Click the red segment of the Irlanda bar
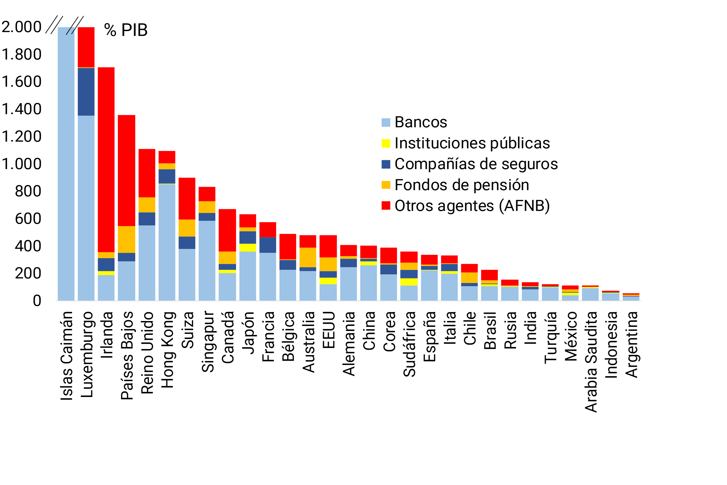(x=106, y=159)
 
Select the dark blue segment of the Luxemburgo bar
(x=86, y=92)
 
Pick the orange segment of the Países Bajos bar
(x=126, y=239)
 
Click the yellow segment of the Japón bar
(x=247, y=248)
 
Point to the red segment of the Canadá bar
(x=227, y=230)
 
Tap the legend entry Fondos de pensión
(x=462, y=185)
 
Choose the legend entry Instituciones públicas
(x=472, y=143)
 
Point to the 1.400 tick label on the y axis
(x=21, y=109)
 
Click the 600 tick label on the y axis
(x=28, y=219)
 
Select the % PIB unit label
(x=126, y=30)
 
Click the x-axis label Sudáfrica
(x=409, y=344)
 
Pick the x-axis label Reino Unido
(x=147, y=353)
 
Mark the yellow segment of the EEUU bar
(x=328, y=281)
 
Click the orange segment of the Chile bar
(x=469, y=277)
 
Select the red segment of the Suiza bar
(x=187, y=199)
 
